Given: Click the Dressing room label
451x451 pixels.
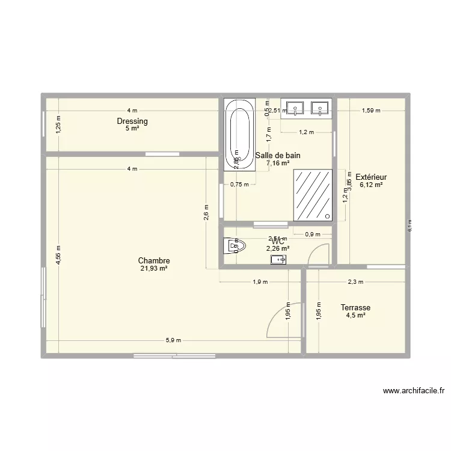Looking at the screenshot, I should [x=132, y=121].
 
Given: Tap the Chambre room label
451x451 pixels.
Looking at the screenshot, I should [x=154, y=260].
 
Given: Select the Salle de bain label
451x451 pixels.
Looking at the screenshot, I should [x=278, y=155].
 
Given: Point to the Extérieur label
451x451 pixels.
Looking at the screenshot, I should [x=371, y=177].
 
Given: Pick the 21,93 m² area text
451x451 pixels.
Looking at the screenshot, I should [x=154, y=269].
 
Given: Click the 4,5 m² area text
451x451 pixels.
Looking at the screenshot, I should [x=355, y=315].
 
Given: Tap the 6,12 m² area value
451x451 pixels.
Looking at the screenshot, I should [x=371, y=185].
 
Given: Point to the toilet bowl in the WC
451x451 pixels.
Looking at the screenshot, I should [x=232, y=247].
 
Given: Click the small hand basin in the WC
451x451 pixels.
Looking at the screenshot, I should [x=278, y=260].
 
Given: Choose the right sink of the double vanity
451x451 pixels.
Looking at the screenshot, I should [x=319, y=108].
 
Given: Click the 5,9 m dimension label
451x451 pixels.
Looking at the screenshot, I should [x=173, y=340].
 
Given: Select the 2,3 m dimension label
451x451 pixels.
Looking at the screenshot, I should [x=355, y=281].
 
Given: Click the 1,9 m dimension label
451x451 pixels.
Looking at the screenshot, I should [x=260, y=281].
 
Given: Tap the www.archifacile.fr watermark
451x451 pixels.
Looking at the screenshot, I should [x=414, y=391].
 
